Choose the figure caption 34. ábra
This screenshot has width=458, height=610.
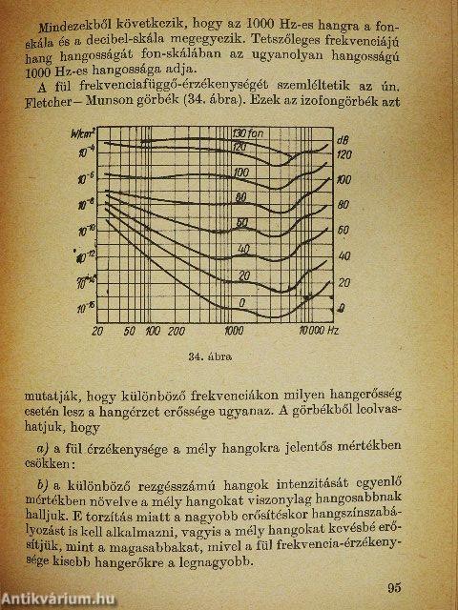217,357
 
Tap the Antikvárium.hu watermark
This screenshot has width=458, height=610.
52,598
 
